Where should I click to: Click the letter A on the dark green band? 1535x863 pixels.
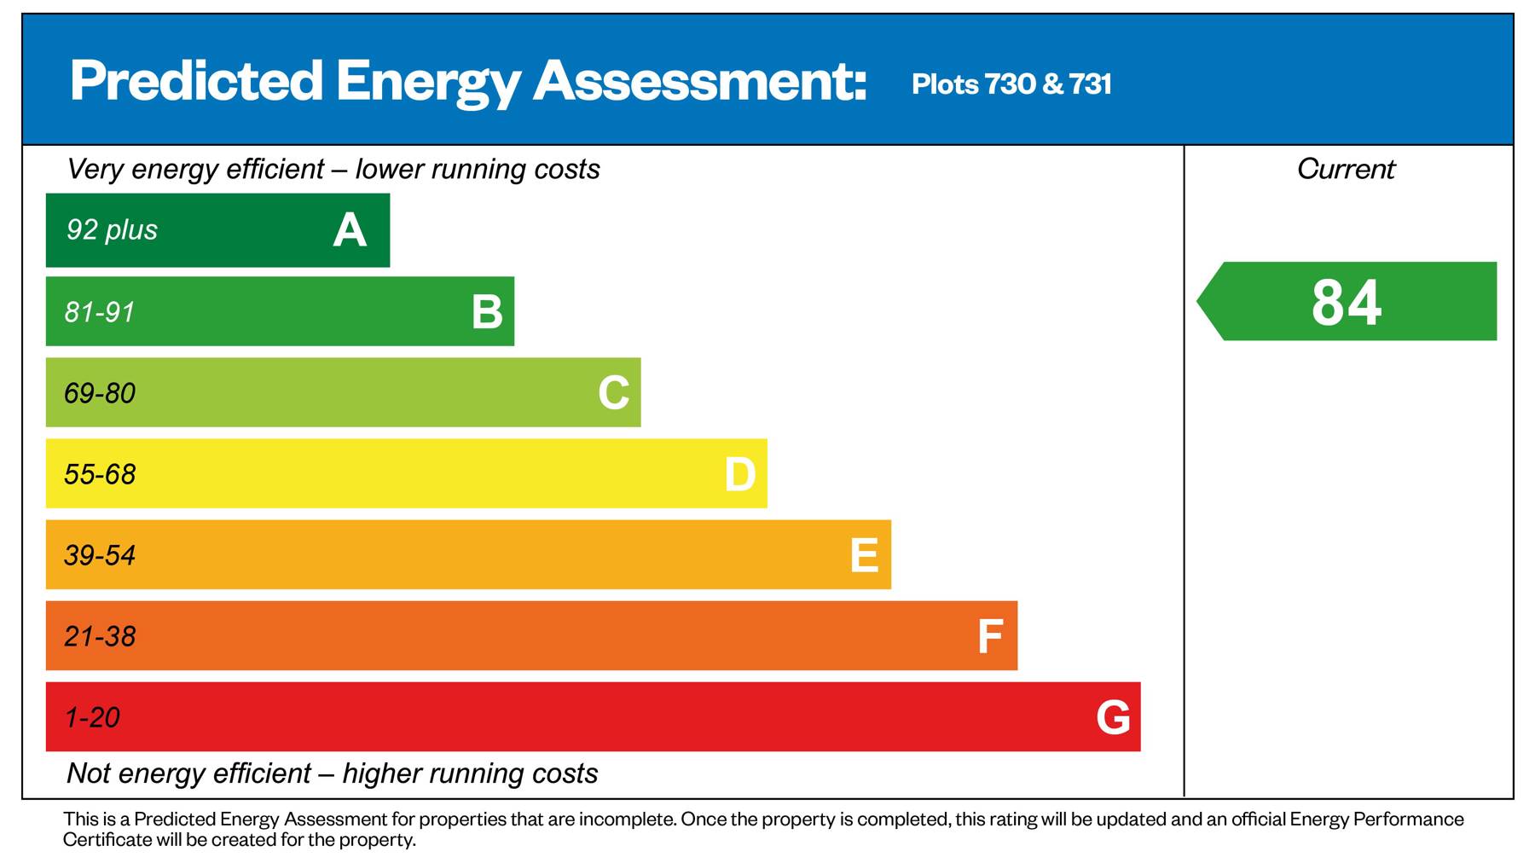[350, 230]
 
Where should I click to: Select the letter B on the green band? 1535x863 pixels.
[487, 312]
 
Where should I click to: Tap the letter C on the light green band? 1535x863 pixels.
[613, 393]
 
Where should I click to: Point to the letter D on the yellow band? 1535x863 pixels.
[739, 474]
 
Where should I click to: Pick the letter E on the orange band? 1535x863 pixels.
[864, 555]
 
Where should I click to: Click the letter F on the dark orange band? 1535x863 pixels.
[989, 636]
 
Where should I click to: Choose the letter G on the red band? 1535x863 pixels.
[1113, 717]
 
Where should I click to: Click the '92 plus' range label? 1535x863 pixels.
[112, 229]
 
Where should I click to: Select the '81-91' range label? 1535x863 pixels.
[100, 312]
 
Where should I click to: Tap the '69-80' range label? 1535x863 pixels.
[100, 393]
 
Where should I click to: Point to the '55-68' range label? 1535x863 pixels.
[100, 474]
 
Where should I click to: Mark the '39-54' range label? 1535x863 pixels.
[100, 555]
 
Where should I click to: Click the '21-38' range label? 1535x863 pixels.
[100, 636]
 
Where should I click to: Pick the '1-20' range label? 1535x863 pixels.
[92, 717]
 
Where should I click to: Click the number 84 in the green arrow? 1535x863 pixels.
[1346, 302]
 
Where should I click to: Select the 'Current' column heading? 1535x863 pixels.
[1346, 169]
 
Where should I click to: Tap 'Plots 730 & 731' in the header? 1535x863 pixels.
[1011, 84]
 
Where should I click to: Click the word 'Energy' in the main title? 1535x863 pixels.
[427, 82]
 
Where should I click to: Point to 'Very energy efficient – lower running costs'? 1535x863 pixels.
[333, 169]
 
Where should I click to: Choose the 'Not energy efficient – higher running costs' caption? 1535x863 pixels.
[332, 773]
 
